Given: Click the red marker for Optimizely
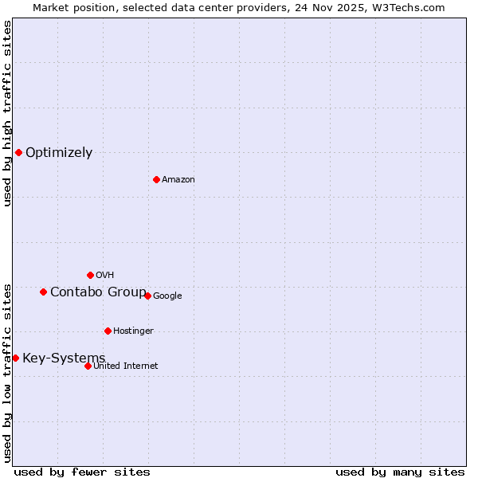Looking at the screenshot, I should pos(18,152).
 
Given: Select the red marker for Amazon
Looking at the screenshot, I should pos(156,179).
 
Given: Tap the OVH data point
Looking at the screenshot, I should pos(90,275).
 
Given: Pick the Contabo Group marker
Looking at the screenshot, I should pos(43,292).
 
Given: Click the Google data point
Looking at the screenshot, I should pos(147,296).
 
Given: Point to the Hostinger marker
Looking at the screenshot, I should pos(108,331).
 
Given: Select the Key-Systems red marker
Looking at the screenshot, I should pos(15,358).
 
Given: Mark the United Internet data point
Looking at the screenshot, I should pos(88,366).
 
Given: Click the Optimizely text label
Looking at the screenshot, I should pos(59,153).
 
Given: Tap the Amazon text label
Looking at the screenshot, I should pos(178,180).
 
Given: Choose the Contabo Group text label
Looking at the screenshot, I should pos(98,292).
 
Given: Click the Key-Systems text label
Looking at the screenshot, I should pos(64,358).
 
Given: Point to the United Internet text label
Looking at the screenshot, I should pos(126,366).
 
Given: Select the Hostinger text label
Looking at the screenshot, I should pos(133,331).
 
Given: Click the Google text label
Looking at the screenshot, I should pos(167,296).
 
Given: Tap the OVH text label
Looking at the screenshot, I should pos(104,276).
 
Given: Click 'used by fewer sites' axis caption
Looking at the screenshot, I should pos(82,472).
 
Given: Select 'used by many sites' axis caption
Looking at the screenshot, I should pos(400,472).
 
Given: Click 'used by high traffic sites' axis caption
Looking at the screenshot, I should pos(7,113).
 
